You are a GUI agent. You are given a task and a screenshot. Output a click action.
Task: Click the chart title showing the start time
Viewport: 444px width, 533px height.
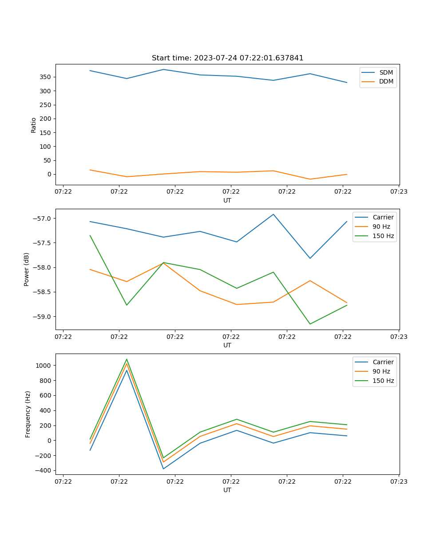(x=227, y=58)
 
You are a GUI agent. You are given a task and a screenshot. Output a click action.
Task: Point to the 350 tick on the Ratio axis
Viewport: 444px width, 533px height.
(x=46, y=77)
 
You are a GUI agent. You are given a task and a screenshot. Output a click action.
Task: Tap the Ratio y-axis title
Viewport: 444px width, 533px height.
(x=34, y=125)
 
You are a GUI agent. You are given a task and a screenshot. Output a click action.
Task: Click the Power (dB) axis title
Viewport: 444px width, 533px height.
(x=27, y=269)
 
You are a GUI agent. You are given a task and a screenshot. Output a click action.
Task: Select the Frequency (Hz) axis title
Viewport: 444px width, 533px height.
(x=28, y=414)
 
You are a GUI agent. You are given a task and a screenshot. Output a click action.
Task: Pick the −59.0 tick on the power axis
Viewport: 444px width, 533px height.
(x=42, y=317)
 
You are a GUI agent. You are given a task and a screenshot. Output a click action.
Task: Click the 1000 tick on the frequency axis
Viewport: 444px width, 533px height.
(x=44, y=366)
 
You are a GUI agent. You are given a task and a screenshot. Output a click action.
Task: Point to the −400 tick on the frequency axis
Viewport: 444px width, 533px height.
(x=44, y=470)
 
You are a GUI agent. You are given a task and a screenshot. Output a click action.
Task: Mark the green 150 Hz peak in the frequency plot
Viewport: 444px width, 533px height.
(x=127, y=359)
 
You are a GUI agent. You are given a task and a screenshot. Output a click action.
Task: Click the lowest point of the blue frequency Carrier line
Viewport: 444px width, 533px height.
(x=163, y=469)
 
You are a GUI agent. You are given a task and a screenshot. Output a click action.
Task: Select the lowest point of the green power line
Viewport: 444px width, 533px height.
(x=310, y=324)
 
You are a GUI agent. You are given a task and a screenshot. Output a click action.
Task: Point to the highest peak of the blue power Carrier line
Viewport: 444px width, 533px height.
(x=274, y=214)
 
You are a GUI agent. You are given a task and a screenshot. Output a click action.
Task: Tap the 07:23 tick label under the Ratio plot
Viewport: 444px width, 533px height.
(x=399, y=191)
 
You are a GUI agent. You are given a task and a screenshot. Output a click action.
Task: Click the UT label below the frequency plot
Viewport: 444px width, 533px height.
(x=227, y=490)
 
